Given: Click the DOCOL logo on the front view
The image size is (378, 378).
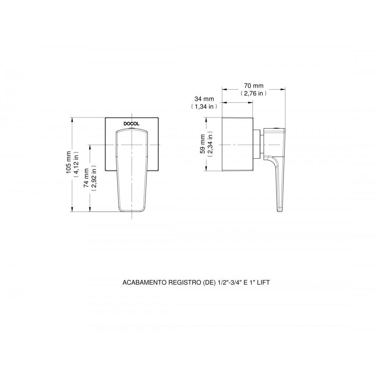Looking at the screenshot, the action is pos(132,124).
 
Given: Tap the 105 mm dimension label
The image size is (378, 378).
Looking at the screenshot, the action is pos(69,162).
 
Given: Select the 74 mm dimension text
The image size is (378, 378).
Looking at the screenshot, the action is pos(86,178).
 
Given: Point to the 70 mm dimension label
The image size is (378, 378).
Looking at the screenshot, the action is pos(254,85).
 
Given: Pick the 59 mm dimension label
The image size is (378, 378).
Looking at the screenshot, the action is pos(203,144).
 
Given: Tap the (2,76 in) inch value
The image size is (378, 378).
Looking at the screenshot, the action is pos(254,93).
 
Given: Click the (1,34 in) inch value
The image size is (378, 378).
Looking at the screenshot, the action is pos(204,106).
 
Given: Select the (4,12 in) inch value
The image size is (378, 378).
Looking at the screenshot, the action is pos(76,164).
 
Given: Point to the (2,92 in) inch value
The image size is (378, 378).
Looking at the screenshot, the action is pos(94,178).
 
